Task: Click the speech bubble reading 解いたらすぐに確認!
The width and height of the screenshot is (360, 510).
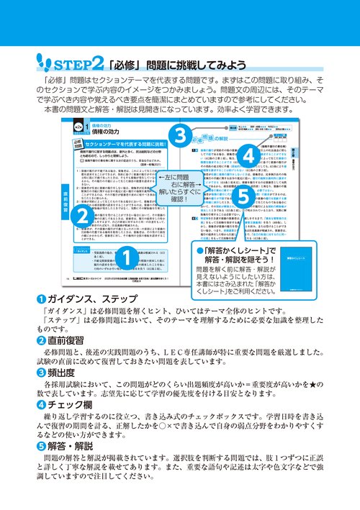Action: coord(177,189)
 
